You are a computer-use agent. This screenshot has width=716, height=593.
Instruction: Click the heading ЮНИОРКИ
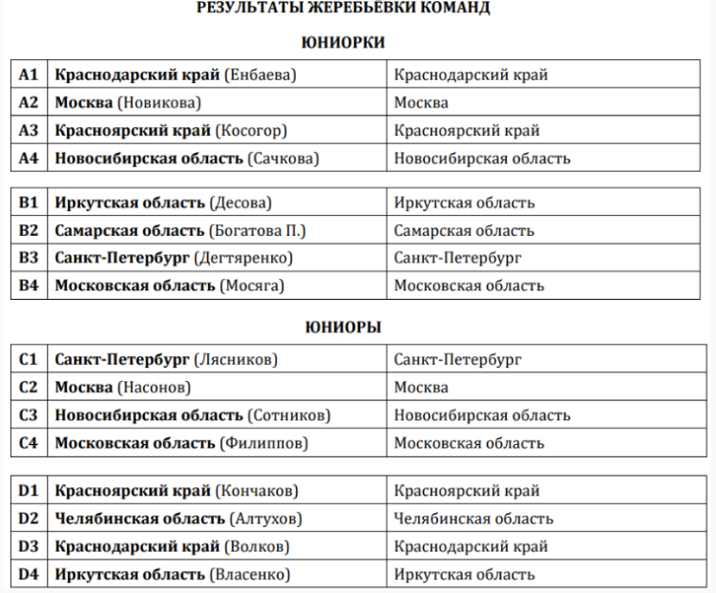pyautogui.click(x=343, y=42)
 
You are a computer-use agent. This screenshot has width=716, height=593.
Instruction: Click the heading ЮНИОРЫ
pyautogui.click(x=343, y=327)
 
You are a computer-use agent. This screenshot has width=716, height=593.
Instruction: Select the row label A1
pyautogui.click(x=29, y=74)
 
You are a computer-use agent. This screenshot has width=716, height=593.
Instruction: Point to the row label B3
pyautogui.click(x=29, y=258)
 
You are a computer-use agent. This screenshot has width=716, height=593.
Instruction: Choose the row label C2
pyautogui.click(x=29, y=388)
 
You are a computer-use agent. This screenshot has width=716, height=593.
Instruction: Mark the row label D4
pyautogui.click(x=29, y=574)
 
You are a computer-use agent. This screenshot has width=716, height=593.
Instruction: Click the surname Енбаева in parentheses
pyautogui.click(x=262, y=74)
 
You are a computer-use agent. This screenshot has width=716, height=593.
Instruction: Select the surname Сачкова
pyautogui.click(x=284, y=159)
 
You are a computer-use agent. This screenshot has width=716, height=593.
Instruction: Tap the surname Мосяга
pyautogui.click(x=252, y=286)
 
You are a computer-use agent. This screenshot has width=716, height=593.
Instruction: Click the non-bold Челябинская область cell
pyautogui.click(x=473, y=519)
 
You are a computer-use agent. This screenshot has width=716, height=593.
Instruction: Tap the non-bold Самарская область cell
pyautogui.click(x=464, y=230)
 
